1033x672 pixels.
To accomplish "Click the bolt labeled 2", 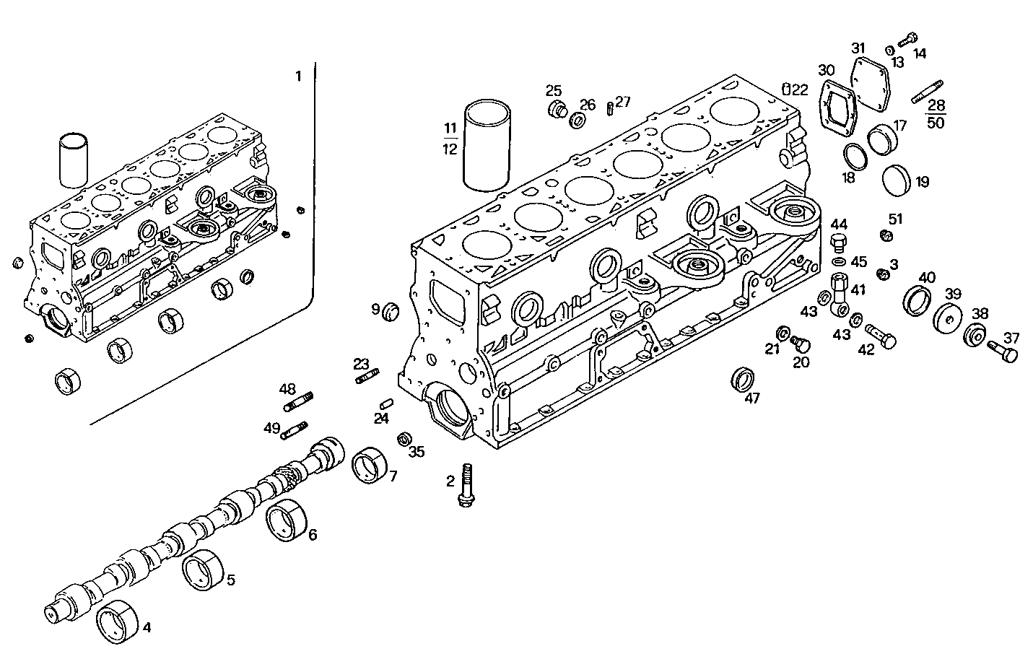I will (466, 485).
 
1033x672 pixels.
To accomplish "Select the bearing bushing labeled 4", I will (117, 620).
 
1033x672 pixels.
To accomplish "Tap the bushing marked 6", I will (287, 520).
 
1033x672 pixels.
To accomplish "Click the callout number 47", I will (752, 398).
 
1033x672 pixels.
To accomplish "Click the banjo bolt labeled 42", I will (879, 334).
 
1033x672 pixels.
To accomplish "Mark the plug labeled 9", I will (390, 310).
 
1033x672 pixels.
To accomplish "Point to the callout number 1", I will (298, 76).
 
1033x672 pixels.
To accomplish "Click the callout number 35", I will (417, 453).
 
